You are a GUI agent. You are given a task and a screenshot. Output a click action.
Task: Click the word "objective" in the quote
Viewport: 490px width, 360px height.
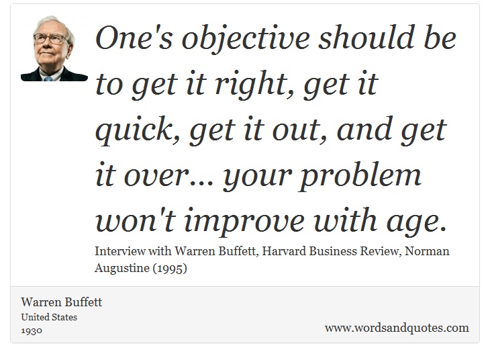[x=246, y=40]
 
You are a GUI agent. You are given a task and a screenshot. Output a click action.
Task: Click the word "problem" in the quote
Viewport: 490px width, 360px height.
[x=360, y=176]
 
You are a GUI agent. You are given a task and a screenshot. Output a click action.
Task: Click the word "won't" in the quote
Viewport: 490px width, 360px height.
[x=135, y=219]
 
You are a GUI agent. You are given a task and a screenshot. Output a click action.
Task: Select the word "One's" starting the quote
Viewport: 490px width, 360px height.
[x=134, y=38]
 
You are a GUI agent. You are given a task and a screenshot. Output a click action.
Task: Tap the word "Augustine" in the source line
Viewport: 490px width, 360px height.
[x=122, y=269]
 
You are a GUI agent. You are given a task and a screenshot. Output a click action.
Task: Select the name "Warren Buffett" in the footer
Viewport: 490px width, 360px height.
[x=62, y=302]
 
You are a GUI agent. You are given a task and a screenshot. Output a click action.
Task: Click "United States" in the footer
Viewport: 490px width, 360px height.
[x=49, y=317]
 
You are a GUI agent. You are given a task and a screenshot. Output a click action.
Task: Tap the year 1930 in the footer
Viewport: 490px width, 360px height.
[x=32, y=330]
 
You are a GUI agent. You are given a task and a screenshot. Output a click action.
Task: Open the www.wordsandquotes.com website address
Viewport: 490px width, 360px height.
[x=397, y=328]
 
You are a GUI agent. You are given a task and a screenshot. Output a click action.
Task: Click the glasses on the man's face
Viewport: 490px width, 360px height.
[x=50, y=39]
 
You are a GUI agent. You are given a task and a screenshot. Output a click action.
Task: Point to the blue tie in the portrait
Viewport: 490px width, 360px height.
[x=48, y=79]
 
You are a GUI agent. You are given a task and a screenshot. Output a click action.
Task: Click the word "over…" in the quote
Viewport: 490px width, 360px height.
[x=168, y=176]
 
